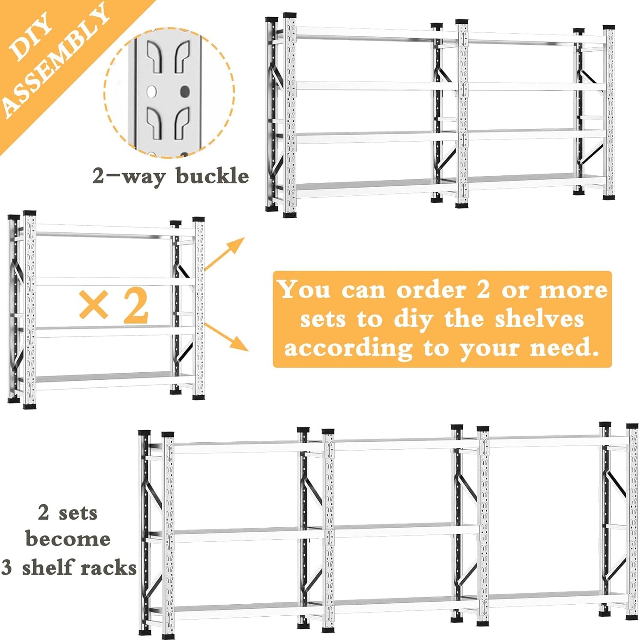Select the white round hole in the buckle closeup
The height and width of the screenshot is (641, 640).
[152, 92]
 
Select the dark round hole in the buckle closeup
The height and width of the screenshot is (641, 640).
[185, 92]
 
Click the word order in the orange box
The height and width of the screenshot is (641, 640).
[431, 290]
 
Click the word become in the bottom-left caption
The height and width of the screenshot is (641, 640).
[68, 539]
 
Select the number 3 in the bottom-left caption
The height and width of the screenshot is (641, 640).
[7, 568]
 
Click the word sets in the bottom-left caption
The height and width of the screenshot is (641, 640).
[78, 513]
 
